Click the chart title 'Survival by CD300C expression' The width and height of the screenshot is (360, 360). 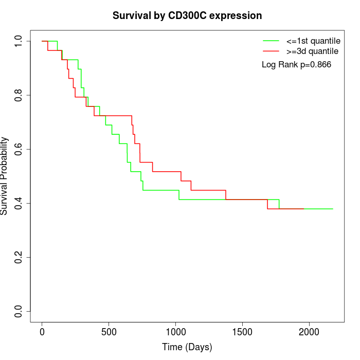(187, 16)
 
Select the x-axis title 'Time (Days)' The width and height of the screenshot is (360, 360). (187, 347)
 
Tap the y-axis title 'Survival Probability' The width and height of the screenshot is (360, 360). (5, 176)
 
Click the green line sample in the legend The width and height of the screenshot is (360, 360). (271, 40)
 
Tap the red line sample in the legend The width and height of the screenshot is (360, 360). (271, 51)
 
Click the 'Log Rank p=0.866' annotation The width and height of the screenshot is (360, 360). (296, 65)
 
